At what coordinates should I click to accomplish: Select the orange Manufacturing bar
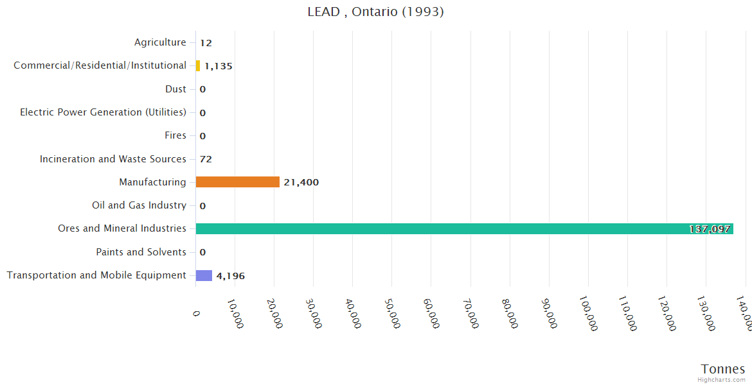pos(237,182)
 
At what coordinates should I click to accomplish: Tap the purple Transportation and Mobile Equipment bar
pos(204,275)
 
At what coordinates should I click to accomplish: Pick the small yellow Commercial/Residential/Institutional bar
pos(198,65)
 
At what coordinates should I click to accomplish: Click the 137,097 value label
pos(709,229)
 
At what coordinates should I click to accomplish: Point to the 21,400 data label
pos(301,182)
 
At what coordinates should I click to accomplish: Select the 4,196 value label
pos(230,276)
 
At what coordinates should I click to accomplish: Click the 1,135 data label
pos(219,66)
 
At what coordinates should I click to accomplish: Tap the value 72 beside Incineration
pos(206,159)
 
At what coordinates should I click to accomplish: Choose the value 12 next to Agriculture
pos(206,43)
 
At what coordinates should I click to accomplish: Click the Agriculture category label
pos(160,42)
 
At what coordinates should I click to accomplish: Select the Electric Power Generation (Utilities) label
pos(103,112)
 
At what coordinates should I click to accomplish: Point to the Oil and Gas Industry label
pos(139,205)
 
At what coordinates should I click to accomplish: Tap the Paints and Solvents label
pos(141,252)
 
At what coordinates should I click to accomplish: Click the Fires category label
pos(175,135)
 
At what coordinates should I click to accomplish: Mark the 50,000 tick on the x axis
pos(393,314)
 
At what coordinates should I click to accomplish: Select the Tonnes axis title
pos(722,369)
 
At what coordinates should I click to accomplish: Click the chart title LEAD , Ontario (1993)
pos(375,12)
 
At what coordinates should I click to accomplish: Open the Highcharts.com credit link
pos(721,380)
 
